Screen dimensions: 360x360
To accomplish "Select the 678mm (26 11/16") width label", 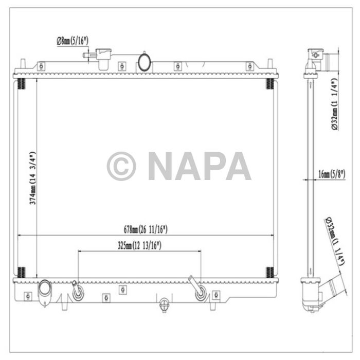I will [146, 229].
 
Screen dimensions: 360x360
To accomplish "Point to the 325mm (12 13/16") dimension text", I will [139, 245].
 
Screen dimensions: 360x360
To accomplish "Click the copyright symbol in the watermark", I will [121, 166].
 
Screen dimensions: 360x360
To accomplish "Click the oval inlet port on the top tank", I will [145, 62].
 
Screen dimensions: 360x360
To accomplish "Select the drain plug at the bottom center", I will [164, 304].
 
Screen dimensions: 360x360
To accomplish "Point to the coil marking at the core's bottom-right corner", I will [269, 272].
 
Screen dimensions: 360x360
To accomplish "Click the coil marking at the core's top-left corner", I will [21, 83].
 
